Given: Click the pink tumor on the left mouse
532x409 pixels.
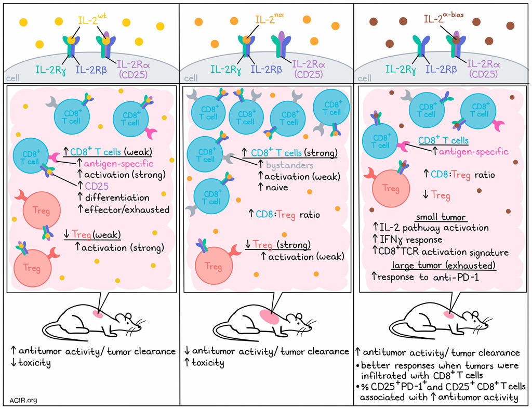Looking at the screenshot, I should pyautogui.click(x=97, y=314).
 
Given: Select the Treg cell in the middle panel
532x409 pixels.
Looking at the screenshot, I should pyautogui.click(x=213, y=266).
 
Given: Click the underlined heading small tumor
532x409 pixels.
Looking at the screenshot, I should pyautogui.click(x=442, y=216).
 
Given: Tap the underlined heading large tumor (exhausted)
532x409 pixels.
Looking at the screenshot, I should pyautogui.click(x=443, y=265).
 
